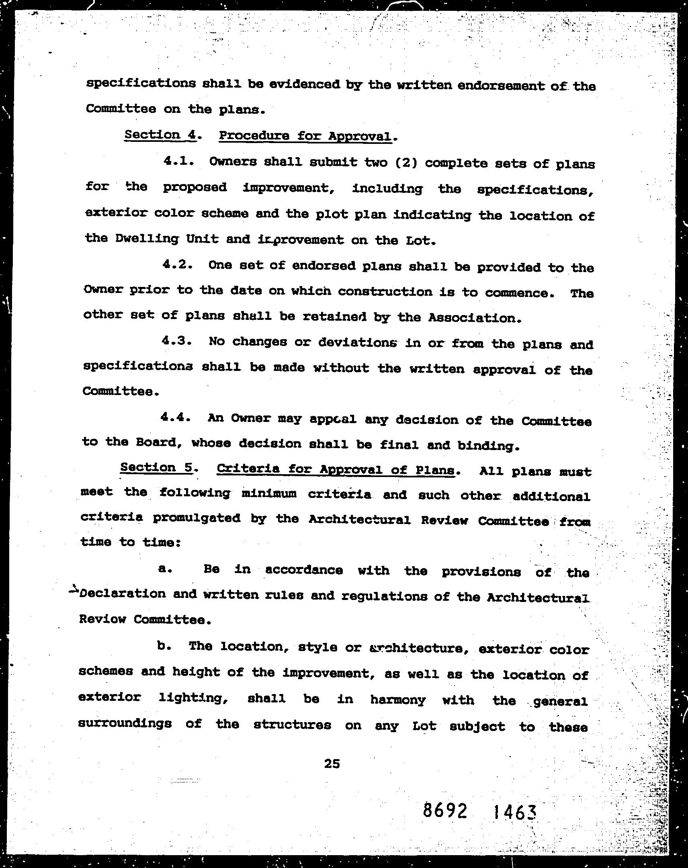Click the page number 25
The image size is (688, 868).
[332, 764]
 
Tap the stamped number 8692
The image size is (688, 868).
[445, 810]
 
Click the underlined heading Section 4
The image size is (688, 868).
[160, 135]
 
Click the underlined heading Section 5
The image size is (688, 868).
[158, 467]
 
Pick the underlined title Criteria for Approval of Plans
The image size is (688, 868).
[335, 469]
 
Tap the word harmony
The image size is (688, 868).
[397, 700]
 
